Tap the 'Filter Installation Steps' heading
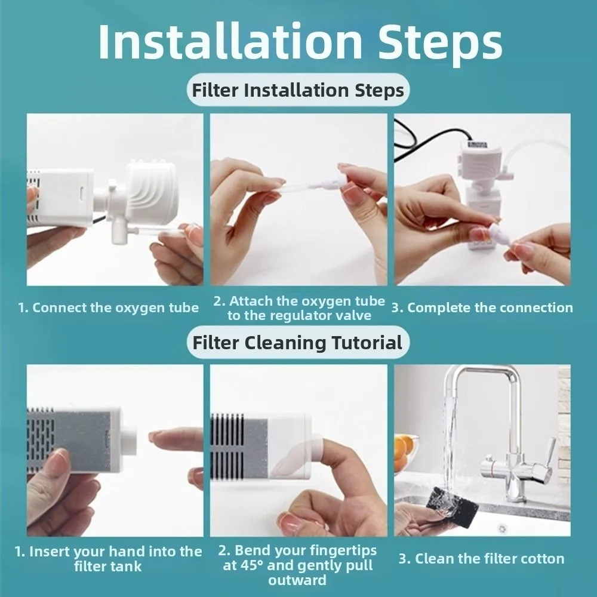[298, 90]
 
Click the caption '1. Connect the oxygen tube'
[108, 308]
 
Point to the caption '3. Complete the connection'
[482, 308]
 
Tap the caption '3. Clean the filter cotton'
[481, 559]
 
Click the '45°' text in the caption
[251, 565]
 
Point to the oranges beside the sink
[407, 447]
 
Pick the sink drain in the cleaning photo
[502, 528]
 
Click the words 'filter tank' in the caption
[108, 566]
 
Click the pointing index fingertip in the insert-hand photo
[156, 436]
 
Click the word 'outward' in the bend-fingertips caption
[297, 580]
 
